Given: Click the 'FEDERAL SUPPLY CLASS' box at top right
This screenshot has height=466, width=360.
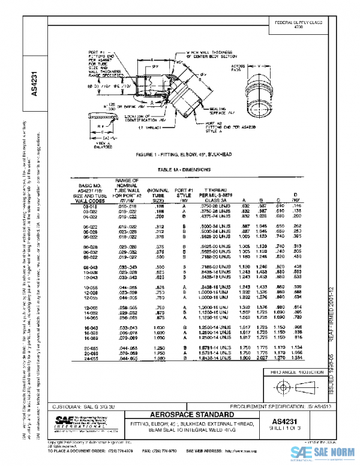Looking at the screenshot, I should point(299,25).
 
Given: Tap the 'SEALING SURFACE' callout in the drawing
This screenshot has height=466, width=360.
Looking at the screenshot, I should point(221,111).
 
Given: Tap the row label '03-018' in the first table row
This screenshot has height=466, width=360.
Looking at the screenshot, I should point(82,205).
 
